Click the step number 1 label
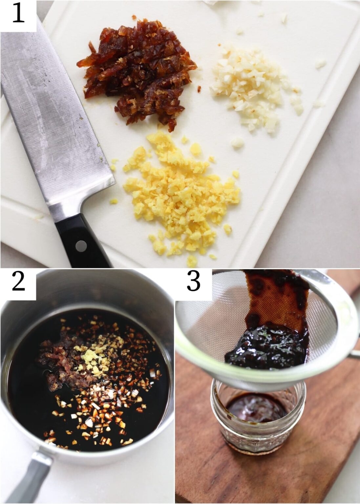18,15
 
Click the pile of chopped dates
138,72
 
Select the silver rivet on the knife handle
79,245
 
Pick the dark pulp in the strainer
266,348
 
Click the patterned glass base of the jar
256,440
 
